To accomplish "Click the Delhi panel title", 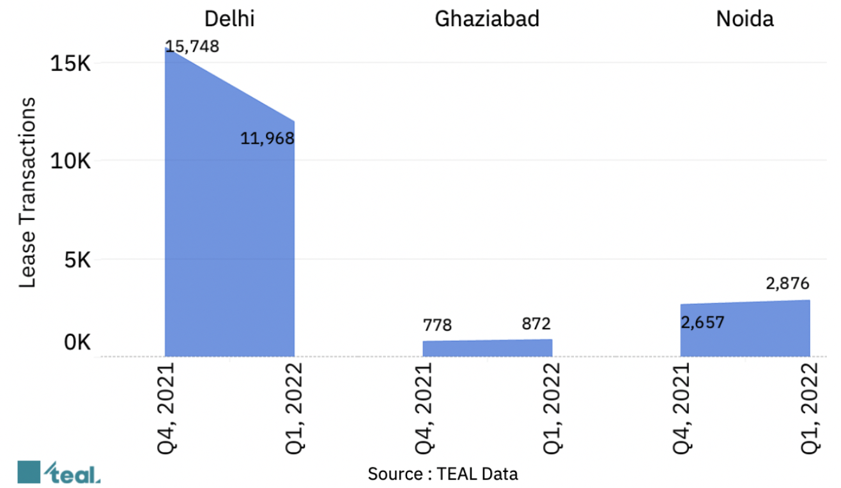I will coord(229,19).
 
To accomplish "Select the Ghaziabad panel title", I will coord(487,19).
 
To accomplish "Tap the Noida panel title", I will coord(745,19).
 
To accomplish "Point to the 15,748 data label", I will coord(192,47).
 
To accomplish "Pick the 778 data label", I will coord(437,326).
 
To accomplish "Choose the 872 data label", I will coord(536,324).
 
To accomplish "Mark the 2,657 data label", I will coord(702,322).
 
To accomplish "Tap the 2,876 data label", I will coord(787,283).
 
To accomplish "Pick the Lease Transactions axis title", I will coord(27,193).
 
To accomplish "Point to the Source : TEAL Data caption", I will coord(442,474).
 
